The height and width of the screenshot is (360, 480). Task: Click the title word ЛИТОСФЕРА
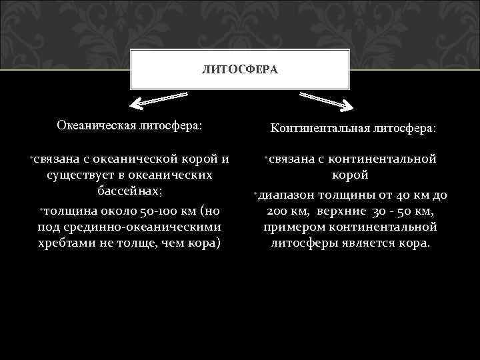239,69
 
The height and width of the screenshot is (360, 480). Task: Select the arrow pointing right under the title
327,100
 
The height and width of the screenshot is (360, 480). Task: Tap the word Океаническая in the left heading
96,125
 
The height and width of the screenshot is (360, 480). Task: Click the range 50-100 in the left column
153,211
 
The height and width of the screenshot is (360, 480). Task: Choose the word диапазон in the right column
287,195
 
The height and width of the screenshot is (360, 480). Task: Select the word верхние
346,211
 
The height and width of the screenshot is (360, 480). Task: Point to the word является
364,243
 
